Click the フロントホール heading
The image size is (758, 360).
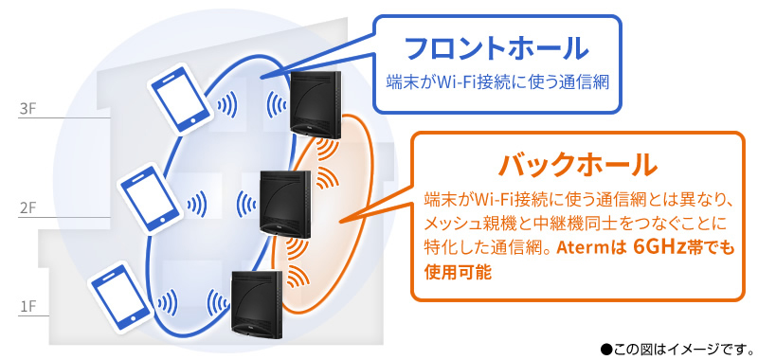point(496,47)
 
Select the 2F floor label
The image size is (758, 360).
point(27,206)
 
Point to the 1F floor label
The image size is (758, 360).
point(27,307)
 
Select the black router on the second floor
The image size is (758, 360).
point(285,202)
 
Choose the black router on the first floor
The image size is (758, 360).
point(259,302)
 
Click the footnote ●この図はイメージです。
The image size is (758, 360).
point(674,347)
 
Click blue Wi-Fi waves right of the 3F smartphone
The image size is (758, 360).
point(227,102)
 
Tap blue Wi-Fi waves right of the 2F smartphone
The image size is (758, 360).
point(197,202)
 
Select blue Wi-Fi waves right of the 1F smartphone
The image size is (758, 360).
point(168,303)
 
